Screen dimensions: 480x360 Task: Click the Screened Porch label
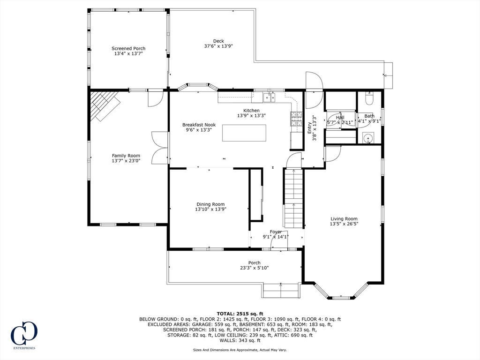(128, 48)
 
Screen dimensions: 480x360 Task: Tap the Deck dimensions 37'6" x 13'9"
(218, 46)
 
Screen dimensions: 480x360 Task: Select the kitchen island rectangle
(244, 133)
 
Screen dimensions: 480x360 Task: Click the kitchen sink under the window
(269, 97)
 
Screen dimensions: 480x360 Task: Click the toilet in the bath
(369, 97)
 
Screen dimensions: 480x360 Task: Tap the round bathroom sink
(367, 138)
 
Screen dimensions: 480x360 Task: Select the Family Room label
(126, 156)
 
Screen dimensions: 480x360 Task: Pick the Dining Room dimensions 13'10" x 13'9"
(210, 210)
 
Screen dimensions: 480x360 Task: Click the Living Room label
(344, 218)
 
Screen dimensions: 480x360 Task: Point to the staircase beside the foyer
(293, 198)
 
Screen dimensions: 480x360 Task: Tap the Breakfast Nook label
(199, 125)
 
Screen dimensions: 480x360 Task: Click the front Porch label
(255, 262)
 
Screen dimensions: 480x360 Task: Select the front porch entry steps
(281, 290)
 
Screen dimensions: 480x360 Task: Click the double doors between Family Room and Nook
(160, 148)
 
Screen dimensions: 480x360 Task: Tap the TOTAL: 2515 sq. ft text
(240, 314)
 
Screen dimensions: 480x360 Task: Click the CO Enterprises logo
(24, 335)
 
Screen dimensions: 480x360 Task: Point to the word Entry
(309, 127)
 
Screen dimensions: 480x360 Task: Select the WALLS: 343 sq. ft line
(240, 340)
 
